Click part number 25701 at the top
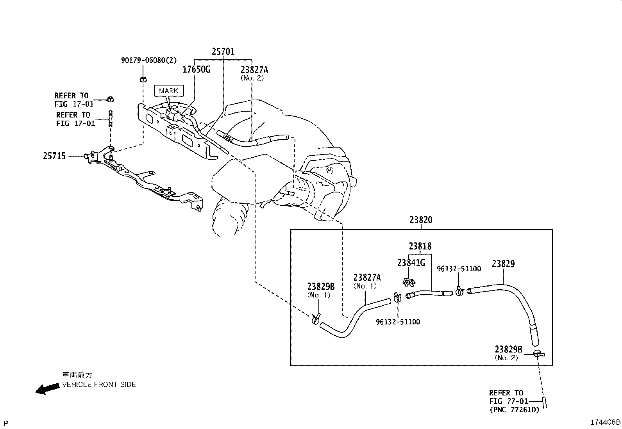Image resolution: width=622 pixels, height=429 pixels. tap(223, 52)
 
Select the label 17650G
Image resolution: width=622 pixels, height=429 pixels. tap(197, 69)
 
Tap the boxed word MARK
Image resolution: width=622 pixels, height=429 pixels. tap(169, 91)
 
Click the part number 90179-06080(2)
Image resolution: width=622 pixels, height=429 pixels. tap(149, 60)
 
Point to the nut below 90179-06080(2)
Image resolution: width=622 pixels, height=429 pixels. tap(143, 80)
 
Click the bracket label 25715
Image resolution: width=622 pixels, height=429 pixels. tap(54, 156)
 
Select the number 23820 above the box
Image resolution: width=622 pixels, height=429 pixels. tap(421, 220)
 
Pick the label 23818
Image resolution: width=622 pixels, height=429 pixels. tap(420, 246)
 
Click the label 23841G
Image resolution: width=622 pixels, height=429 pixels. tap(411, 263)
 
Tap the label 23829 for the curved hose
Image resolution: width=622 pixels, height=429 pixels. tap(503, 263)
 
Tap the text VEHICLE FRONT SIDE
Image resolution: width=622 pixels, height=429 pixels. tap(99, 384)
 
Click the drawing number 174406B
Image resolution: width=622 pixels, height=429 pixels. tap(605, 422)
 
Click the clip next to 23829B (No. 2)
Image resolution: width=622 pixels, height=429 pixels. tap(538, 354)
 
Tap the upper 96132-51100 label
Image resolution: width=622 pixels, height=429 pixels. tap(459, 269)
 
